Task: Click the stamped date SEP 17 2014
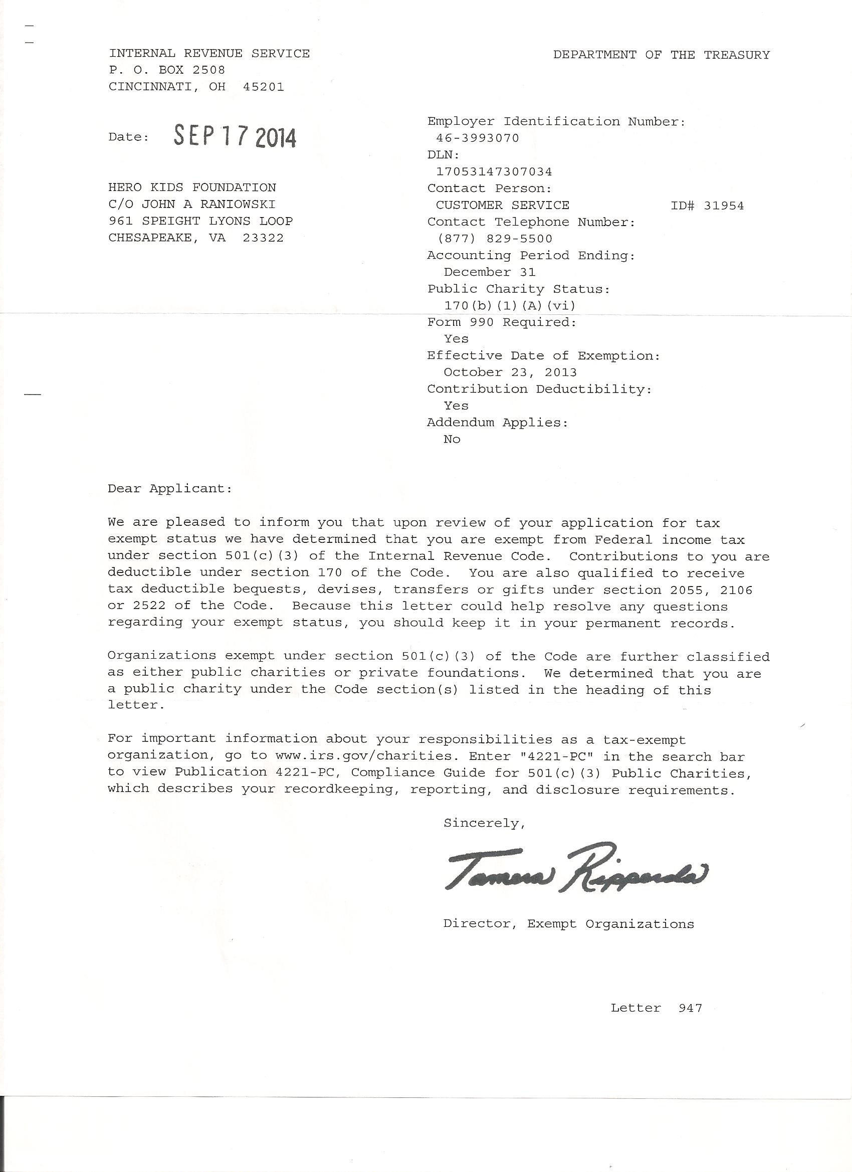tap(235, 137)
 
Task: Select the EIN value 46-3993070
tap(478, 138)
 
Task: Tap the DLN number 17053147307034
tap(494, 171)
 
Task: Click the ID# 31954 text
tap(707, 206)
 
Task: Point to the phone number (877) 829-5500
tap(495, 239)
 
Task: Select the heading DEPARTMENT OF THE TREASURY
tap(661, 55)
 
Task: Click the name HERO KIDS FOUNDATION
tap(192, 187)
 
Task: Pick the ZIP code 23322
tap(263, 238)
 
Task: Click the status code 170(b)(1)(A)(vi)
tap(509, 305)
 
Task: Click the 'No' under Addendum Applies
tap(452, 439)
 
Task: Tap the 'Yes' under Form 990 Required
tap(456, 339)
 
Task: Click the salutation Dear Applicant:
tap(170, 489)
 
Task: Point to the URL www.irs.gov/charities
tap(366, 756)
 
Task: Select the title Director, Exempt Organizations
tap(568, 924)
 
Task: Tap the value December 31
tap(489, 272)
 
